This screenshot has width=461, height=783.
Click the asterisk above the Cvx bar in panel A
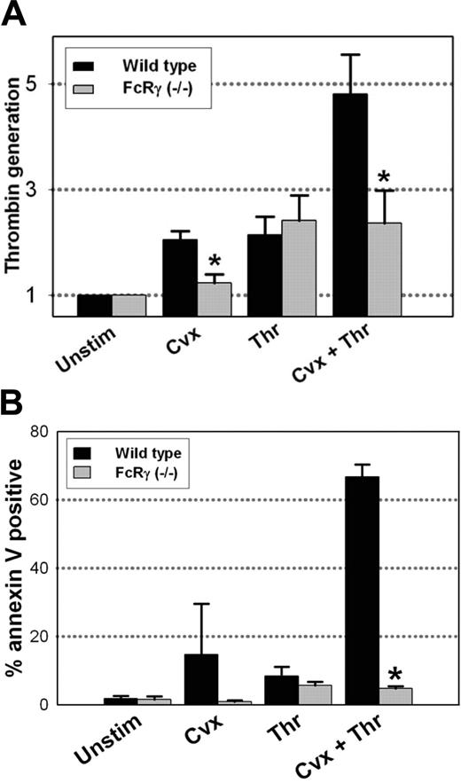(214, 261)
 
